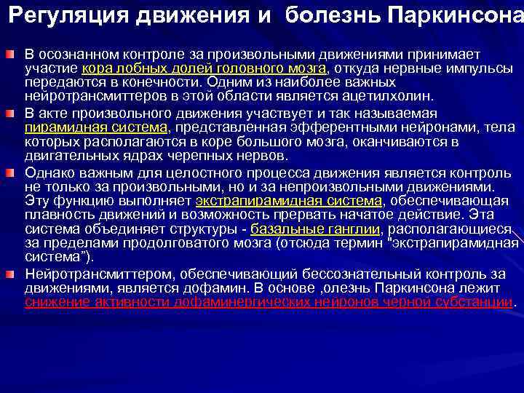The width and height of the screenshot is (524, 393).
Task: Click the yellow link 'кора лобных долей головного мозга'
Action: pos(205,68)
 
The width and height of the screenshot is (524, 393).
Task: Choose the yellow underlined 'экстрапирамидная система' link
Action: pos(289,201)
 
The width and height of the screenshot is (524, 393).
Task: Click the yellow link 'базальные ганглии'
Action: pos(315,229)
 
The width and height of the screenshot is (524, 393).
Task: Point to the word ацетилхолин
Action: pos(396,96)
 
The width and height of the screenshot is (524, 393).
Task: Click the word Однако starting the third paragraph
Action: pos(50,172)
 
